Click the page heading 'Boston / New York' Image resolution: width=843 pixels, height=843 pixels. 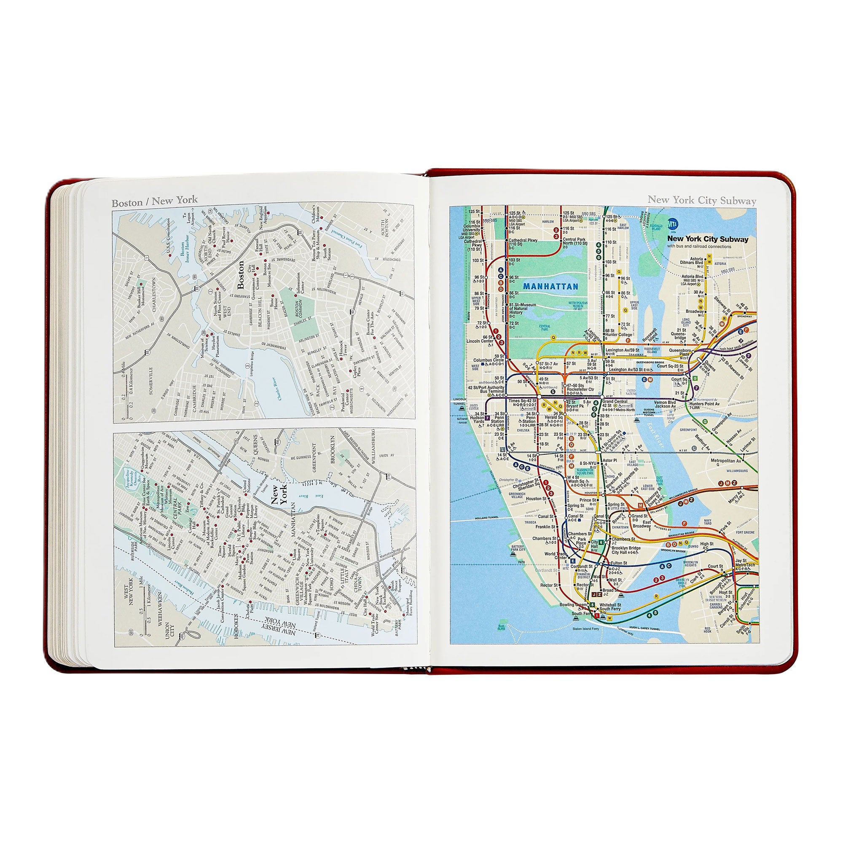coord(154,201)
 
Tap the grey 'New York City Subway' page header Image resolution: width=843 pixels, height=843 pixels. coord(701,200)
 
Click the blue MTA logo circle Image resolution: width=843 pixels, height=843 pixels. coord(673,224)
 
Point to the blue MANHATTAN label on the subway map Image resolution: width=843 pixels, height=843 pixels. coord(550,287)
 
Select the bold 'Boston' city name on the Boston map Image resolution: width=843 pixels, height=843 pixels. coord(240,275)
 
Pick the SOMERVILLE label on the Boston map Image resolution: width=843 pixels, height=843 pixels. coord(151,381)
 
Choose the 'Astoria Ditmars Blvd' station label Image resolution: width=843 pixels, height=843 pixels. coord(692,261)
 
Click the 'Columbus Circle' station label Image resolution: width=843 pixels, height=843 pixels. coord(489,360)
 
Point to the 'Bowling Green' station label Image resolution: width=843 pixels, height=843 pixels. coord(573,605)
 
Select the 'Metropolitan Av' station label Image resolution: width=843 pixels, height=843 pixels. coord(726,461)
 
